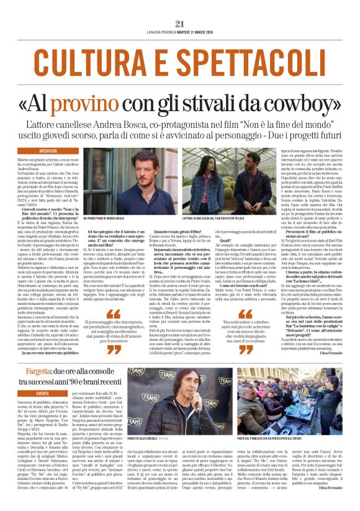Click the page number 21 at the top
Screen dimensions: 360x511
click(x=180, y=24)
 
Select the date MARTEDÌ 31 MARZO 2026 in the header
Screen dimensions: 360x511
click(x=205, y=32)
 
